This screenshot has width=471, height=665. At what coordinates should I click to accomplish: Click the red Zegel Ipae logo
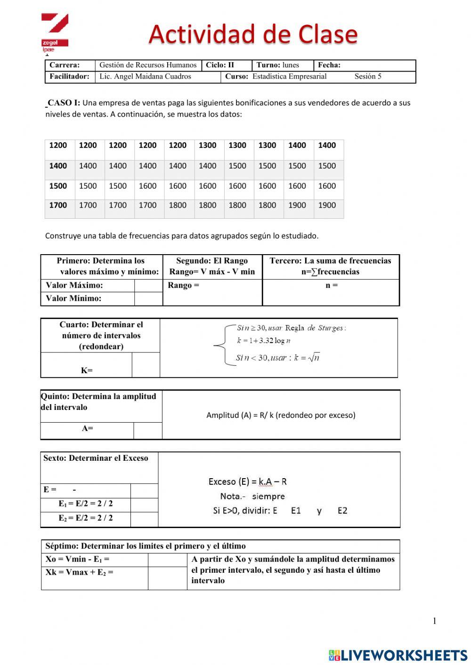[x=55, y=32]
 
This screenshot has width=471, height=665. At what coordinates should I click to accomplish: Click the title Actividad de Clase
[x=253, y=34]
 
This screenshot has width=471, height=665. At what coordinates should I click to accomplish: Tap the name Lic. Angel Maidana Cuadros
[x=145, y=77]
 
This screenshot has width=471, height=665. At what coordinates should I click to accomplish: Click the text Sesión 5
[x=368, y=77]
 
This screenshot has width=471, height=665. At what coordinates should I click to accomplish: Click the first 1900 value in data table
[x=297, y=205]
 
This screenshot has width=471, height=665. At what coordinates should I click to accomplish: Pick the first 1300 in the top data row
[x=207, y=145]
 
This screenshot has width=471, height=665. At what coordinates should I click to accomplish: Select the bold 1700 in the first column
[x=58, y=205]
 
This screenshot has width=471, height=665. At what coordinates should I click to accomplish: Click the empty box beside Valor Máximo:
[x=148, y=286]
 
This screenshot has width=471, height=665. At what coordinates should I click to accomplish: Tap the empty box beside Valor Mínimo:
[x=148, y=298]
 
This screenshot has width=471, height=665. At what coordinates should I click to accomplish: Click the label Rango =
[x=184, y=286]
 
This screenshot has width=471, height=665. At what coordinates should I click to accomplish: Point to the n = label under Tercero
[x=332, y=286]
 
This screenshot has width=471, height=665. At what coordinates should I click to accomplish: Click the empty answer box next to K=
[x=146, y=365]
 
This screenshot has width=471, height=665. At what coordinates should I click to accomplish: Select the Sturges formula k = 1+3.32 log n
[x=264, y=341]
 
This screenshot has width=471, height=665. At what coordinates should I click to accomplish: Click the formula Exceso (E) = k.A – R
[x=247, y=481]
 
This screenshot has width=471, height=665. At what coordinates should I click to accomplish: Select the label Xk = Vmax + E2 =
[x=79, y=573]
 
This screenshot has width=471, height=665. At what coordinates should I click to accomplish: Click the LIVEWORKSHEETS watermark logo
[x=398, y=655]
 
